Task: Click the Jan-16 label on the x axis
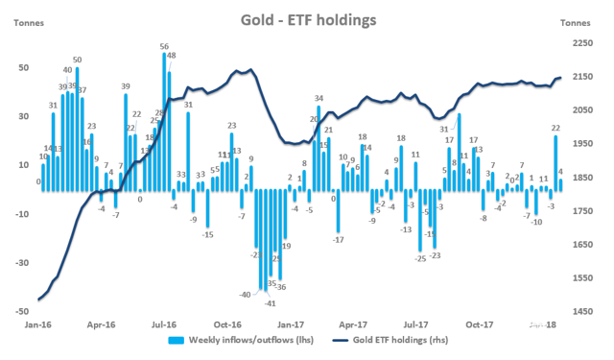click(x=39, y=325)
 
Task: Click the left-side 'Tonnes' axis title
click(x=26, y=23)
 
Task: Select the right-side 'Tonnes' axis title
click(x=576, y=23)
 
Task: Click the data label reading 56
click(x=164, y=46)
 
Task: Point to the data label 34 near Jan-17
click(x=319, y=98)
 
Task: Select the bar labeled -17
click(x=338, y=210)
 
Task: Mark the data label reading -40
click(x=246, y=295)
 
